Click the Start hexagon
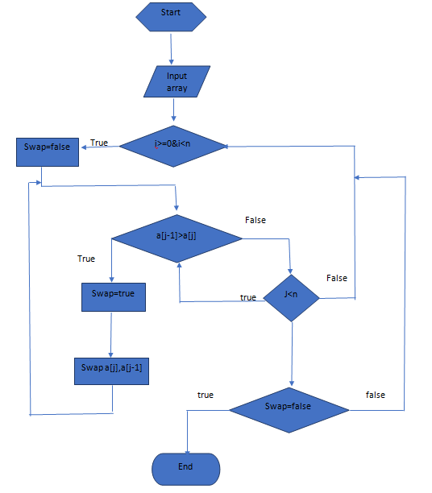pyautogui.click(x=171, y=14)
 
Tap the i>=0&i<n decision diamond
pyautogui.click(x=173, y=146)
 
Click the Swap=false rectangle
pyautogui.click(x=48, y=151)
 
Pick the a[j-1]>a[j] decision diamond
pyautogui.click(x=177, y=238)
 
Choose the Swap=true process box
pyautogui.click(x=113, y=296)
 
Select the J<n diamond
pyautogui.click(x=292, y=297)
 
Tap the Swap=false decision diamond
pyautogui.click(x=289, y=408)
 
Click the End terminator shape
pyautogui.click(x=185, y=468)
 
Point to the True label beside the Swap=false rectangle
pyautogui.click(x=99, y=143)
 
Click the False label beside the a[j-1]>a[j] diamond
pyautogui.click(x=255, y=220)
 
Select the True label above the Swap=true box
pyautogui.click(x=86, y=259)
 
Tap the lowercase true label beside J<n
pyautogui.click(x=248, y=297)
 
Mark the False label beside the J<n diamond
pyautogui.click(x=337, y=278)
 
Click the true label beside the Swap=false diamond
pyautogui.click(x=206, y=395)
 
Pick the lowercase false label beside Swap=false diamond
pyautogui.click(x=375, y=395)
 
